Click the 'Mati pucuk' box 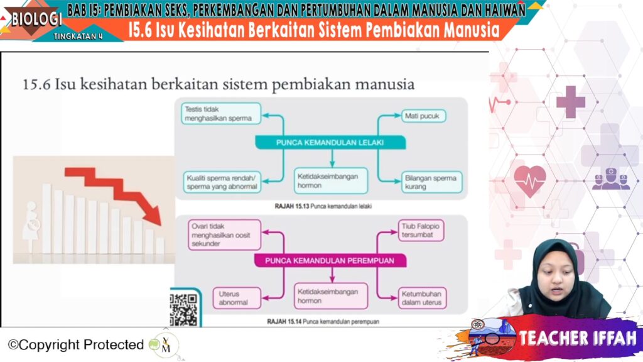(x=424, y=116)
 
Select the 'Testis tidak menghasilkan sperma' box (x=221, y=114)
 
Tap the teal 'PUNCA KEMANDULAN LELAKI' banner (x=330, y=143)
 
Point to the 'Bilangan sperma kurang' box (x=432, y=182)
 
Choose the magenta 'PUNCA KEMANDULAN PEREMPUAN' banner (x=330, y=261)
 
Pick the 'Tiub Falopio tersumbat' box (x=421, y=230)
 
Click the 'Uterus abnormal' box (x=237, y=298)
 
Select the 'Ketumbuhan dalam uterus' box (x=422, y=298)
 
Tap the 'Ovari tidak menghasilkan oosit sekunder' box (x=224, y=235)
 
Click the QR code (x=183, y=309)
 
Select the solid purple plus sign (x=570, y=102)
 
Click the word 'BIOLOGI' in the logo (x=36, y=18)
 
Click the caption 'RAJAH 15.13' (x=291, y=206)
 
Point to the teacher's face (x=555, y=277)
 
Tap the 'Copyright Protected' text (x=76, y=345)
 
